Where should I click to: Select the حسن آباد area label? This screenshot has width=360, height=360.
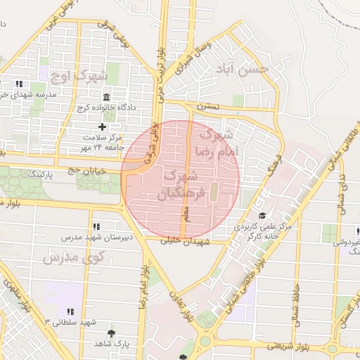tap(243, 70)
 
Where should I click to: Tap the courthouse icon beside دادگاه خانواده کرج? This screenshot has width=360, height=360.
tap(106, 96)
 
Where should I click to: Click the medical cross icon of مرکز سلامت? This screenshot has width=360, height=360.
tap(103, 127)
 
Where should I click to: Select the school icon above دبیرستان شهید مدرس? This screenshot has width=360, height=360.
tap(96, 226)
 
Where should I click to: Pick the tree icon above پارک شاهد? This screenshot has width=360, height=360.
tap(111, 333)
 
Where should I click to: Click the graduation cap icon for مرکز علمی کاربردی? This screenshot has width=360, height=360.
tap(262, 216)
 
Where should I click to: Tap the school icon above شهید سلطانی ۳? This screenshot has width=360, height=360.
tap(70, 311)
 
